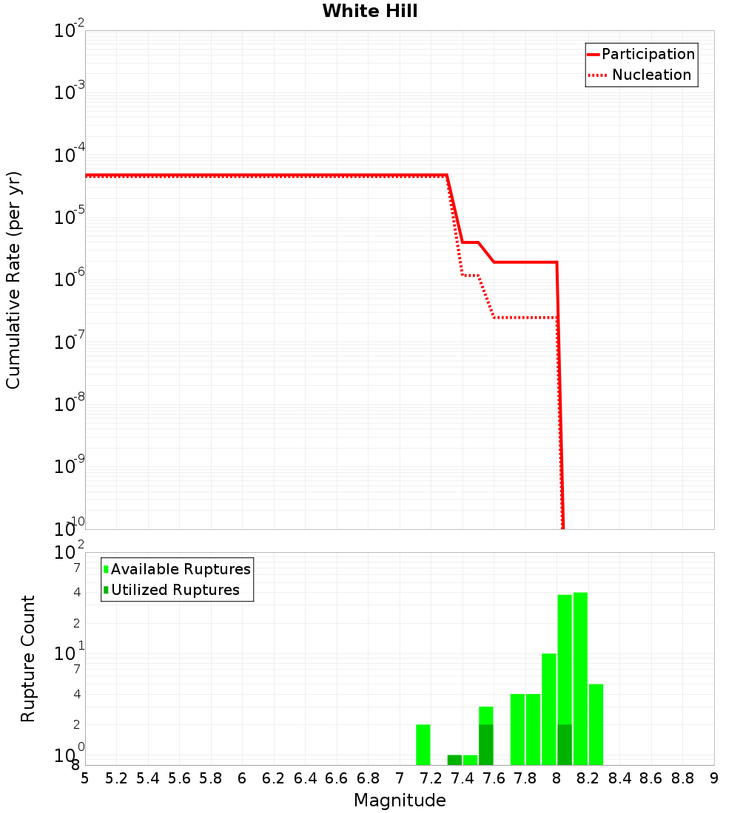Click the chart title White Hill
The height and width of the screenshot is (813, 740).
(370, 11)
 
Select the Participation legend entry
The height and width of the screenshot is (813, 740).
(647, 54)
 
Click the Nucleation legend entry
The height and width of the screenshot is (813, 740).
(651, 75)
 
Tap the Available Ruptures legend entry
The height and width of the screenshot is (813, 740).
(181, 569)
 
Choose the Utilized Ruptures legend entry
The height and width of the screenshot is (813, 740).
(175, 590)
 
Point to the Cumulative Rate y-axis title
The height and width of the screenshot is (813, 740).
(13, 279)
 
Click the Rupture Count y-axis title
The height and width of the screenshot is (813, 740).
(28, 658)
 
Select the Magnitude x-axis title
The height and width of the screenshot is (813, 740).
(400, 800)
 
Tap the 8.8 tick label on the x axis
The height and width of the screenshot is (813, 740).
(682, 778)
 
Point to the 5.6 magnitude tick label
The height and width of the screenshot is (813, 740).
(179, 778)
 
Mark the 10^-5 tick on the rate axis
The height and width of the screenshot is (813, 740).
(70, 217)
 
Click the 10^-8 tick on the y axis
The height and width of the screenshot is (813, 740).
(70, 404)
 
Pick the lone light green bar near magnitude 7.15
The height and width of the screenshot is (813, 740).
(423, 744)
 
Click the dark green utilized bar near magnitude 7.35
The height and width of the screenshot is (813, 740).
(454, 760)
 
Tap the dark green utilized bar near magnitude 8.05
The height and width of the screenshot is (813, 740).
(565, 744)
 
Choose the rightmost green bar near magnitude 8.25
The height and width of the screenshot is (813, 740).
(596, 724)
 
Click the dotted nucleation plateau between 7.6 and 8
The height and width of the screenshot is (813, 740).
(525, 317)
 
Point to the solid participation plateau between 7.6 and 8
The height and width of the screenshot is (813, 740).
(525, 262)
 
